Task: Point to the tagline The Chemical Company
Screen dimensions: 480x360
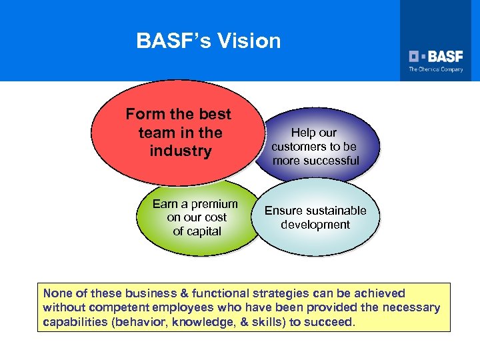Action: tap(436, 69)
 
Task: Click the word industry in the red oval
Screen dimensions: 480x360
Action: tap(181, 151)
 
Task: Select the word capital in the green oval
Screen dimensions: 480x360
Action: tap(206, 231)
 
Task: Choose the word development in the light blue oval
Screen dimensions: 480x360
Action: tap(315, 225)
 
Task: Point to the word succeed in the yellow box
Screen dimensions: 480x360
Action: tap(333, 321)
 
